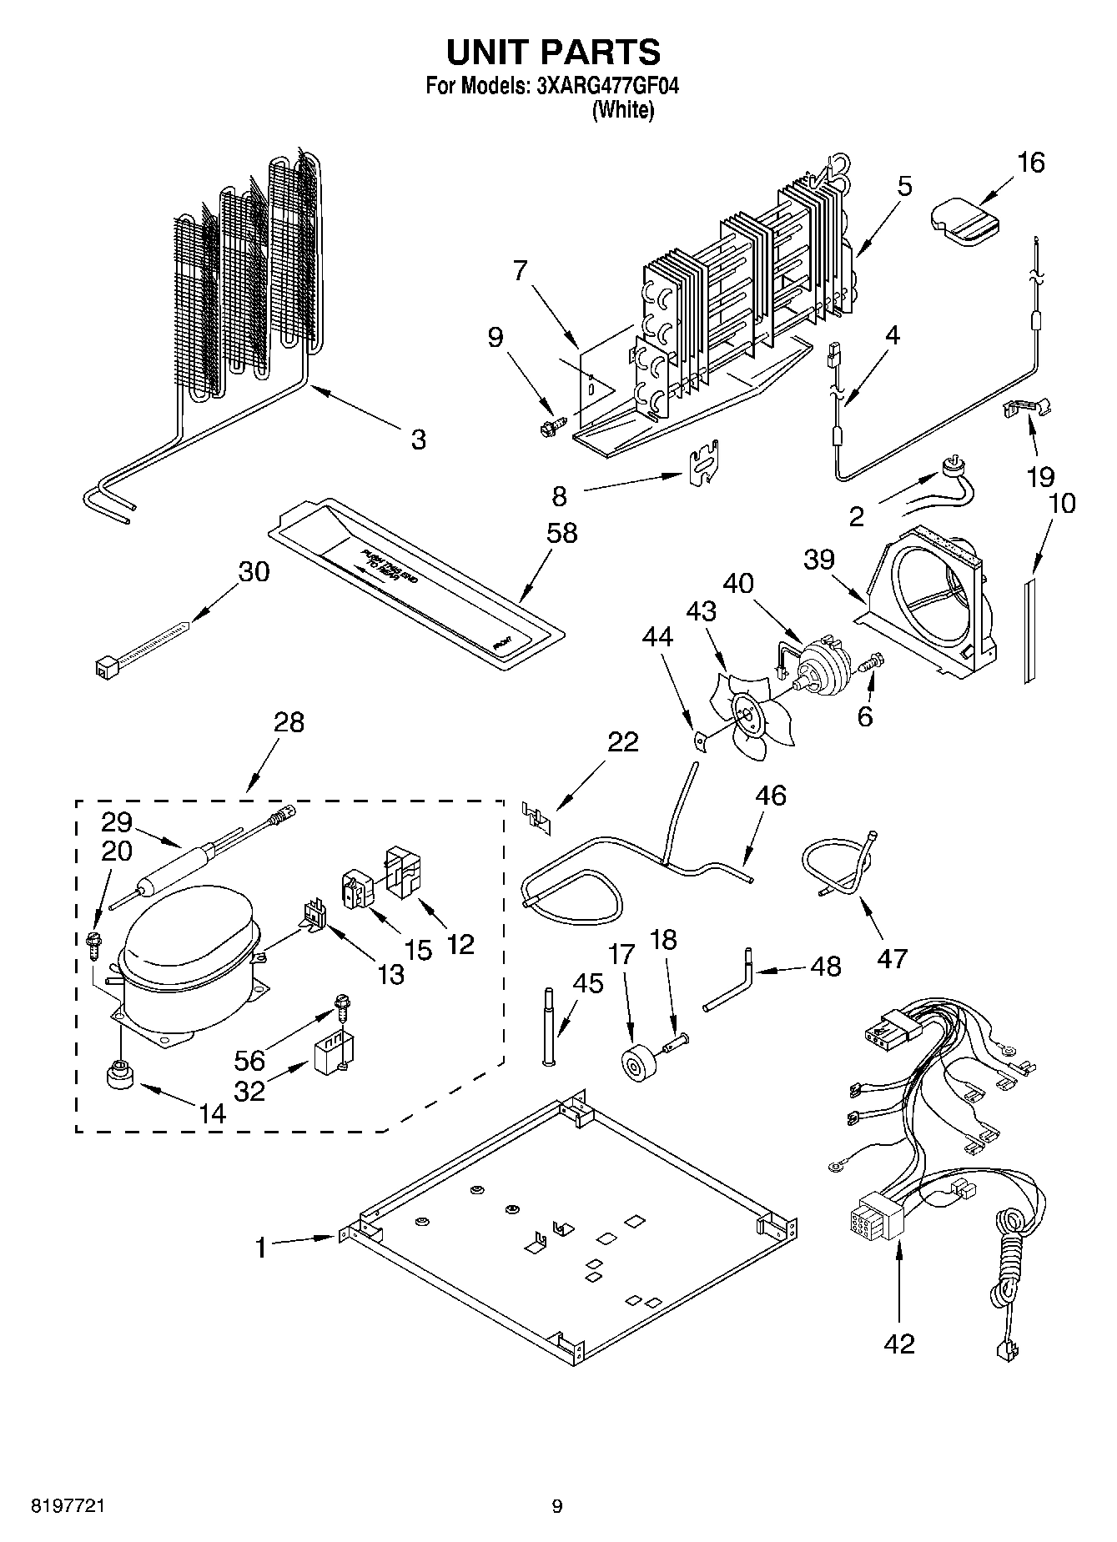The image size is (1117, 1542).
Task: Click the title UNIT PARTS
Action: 553,53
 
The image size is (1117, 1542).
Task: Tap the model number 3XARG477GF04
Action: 598,87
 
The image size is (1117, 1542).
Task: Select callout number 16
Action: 1031,163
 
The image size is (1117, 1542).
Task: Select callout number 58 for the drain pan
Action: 561,533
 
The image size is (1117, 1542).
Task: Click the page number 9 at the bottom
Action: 556,1506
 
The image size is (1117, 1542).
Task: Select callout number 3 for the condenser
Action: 418,439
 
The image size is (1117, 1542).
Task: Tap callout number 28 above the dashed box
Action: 289,722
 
